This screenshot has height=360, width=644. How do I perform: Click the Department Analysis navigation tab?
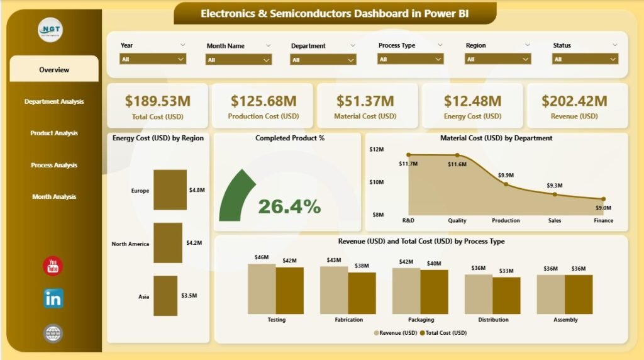pyautogui.click(x=54, y=101)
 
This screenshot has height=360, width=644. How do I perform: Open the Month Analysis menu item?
pyautogui.click(x=54, y=197)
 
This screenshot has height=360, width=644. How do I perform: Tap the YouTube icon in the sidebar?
pyautogui.click(x=53, y=266)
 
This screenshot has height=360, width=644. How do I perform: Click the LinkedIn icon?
pyautogui.click(x=53, y=299)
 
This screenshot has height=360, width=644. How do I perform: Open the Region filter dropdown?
pyautogui.click(x=497, y=59)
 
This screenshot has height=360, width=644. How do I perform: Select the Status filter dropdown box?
pyautogui.click(x=585, y=59)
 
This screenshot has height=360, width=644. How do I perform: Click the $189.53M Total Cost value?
pyautogui.click(x=157, y=101)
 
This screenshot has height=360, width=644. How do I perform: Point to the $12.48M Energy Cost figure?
pyautogui.click(x=472, y=101)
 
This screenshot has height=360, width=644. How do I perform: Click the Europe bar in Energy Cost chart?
pyautogui.click(x=170, y=189)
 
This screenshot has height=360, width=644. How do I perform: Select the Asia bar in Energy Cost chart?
pyautogui.click(x=165, y=295)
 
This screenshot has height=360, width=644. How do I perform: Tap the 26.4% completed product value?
pyautogui.click(x=289, y=206)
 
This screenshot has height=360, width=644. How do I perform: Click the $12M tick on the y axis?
pyautogui.click(x=377, y=150)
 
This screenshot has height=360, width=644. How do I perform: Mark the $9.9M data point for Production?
pyautogui.click(x=506, y=184)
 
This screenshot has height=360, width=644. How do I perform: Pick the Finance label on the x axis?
pyautogui.click(x=603, y=221)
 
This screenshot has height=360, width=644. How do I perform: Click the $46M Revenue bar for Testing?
pyautogui.click(x=262, y=289)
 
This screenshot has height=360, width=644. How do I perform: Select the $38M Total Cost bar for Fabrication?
pyautogui.click(x=362, y=293)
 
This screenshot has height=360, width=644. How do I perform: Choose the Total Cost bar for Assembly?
pyautogui.click(x=579, y=294)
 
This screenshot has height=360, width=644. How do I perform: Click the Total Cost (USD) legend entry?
pyautogui.click(x=445, y=333)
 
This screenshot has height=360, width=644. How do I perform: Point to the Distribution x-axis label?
pyautogui.click(x=493, y=320)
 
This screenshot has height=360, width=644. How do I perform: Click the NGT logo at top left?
pyautogui.click(x=50, y=30)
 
